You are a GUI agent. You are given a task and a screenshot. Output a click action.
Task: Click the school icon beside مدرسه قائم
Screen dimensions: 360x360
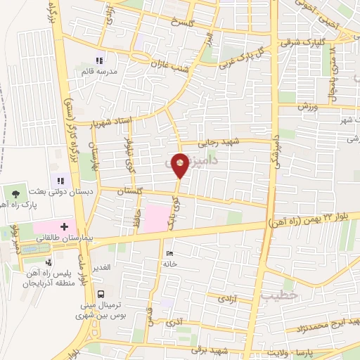tap(99, 60)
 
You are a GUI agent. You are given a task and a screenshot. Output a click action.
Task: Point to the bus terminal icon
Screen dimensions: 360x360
tap(101, 294)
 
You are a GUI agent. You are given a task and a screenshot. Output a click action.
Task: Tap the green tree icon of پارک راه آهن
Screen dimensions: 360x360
tap(15, 191)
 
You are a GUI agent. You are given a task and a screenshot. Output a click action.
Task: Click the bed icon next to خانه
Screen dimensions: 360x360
tap(168, 253)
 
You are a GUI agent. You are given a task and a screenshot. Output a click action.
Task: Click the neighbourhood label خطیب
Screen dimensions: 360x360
tap(275, 295)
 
